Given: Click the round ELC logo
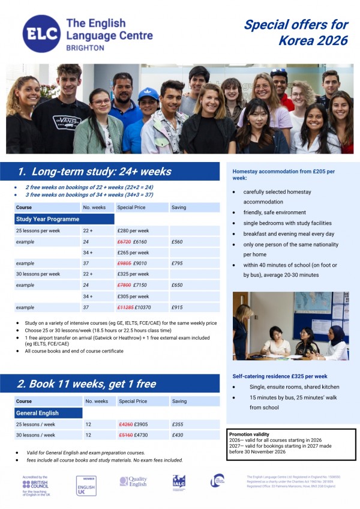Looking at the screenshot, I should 42,34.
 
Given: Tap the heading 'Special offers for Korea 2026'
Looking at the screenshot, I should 296,32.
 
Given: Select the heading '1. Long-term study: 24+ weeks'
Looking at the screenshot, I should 94,172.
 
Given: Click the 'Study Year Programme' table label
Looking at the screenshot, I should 47,219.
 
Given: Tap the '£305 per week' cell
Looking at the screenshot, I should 133,297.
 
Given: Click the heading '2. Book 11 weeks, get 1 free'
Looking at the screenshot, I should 86,384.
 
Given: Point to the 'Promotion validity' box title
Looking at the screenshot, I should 249,434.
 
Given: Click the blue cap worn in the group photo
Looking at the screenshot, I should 148,94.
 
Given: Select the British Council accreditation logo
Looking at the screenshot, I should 37,485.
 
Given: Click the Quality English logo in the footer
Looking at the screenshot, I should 133,481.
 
